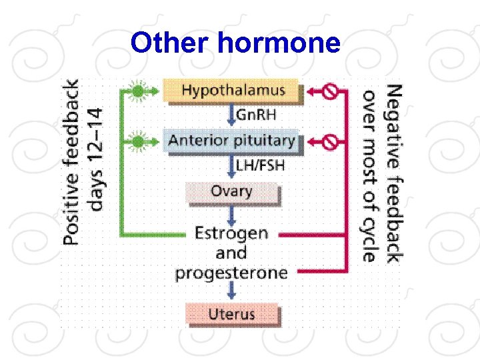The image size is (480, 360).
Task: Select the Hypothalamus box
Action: (x=233, y=90)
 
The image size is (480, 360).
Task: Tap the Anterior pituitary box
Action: (x=231, y=141)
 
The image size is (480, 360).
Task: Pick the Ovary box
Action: (x=231, y=193)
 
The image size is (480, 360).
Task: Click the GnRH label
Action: (x=257, y=115)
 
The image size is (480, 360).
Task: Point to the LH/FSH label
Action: (x=260, y=165)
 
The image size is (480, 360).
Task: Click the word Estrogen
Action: (x=231, y=233)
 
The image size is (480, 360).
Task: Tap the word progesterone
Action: (x=231, y=273)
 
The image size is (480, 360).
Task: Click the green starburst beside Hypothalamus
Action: (x=137, y=91)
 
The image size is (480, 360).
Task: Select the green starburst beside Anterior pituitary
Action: (x=137, y=141)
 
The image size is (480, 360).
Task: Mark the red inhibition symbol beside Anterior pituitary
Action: (x=329, y=141)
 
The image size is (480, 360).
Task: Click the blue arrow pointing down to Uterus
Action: (x=231, y=291)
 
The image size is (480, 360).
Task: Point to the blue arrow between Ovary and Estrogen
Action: (x=231, y=214)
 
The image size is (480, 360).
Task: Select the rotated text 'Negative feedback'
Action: (x=393, y=172)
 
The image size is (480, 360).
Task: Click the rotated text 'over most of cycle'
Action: (x=370, y=175)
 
